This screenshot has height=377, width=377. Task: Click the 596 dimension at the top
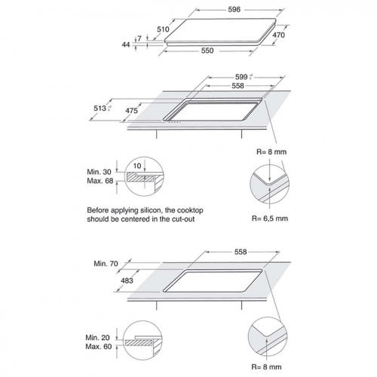point(234,10)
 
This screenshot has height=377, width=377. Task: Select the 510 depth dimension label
point(163,29)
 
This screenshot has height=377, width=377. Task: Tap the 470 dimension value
point(278,35)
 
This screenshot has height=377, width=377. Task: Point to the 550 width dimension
point(207,51)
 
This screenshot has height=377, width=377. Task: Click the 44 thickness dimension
point(126,44)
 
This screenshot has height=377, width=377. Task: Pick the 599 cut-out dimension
point(241,77)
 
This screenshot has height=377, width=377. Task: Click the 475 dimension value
point(131,111)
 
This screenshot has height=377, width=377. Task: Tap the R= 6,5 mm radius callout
point(270,219)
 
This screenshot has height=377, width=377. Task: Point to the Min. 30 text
point(99,172)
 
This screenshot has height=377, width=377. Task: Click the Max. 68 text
point(100,181)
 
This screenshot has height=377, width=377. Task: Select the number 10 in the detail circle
point(137,166)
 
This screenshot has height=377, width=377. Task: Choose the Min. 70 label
point(106,264)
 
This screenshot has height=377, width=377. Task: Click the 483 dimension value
point(127,280)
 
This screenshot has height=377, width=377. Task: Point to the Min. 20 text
point(98,338)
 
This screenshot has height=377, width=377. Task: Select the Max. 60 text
point(99,347)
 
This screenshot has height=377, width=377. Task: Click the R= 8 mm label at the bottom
point(266,367)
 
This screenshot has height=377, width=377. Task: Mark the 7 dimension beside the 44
point(139,38)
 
